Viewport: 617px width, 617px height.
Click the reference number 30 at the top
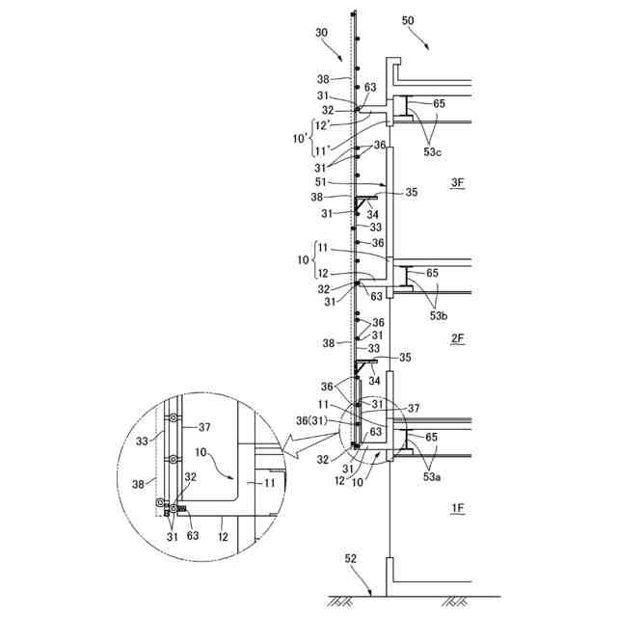(321, 32)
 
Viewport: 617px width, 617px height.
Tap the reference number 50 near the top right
(408, 21)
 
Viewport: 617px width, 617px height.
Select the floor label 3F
(457, 182)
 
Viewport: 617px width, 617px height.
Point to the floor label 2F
(457, 338)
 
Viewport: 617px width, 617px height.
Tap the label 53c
(435, 150)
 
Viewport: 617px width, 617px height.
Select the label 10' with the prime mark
(299, 138)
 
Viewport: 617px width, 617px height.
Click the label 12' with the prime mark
(322, 124)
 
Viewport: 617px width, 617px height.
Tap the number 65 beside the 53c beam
(439, 102)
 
